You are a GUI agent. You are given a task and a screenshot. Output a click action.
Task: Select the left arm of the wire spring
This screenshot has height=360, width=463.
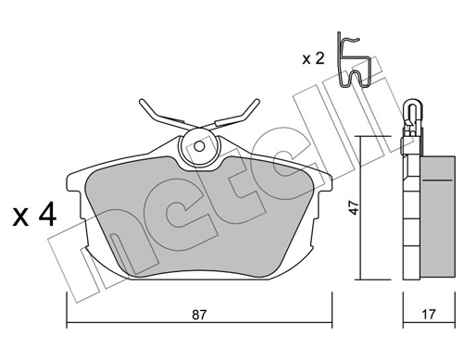click(x=157, y=115)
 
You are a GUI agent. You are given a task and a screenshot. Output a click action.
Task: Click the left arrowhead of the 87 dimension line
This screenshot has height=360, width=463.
click(x=69, y=324)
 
